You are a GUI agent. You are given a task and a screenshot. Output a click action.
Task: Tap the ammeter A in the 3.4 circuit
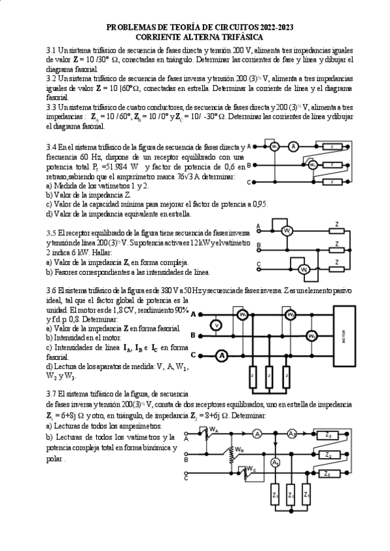pyautogui.click(x=293, y=146)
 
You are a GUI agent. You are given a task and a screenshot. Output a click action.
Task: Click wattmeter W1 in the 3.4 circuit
pyautogui.click(x=275, y=147)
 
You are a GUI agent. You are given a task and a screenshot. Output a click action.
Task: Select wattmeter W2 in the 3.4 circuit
pyautogui.click(x=313, y=165)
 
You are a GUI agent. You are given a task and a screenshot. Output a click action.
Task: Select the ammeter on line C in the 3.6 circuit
pyautogui.click(x=221, y=355)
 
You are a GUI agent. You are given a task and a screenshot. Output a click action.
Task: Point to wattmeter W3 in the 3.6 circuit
pyautogui.click(x=312, y=335)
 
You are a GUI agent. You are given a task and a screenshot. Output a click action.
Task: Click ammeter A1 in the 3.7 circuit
pyautogui.click(x=276, y=463)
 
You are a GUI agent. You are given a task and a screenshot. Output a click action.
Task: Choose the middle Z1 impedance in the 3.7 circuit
pyautogui.click(x=291, y=496)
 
